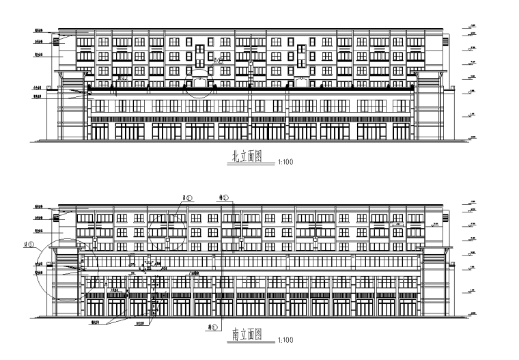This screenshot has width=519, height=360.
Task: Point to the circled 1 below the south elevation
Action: point(214,328)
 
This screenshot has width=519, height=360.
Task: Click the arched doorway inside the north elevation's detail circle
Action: point(199,83)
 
